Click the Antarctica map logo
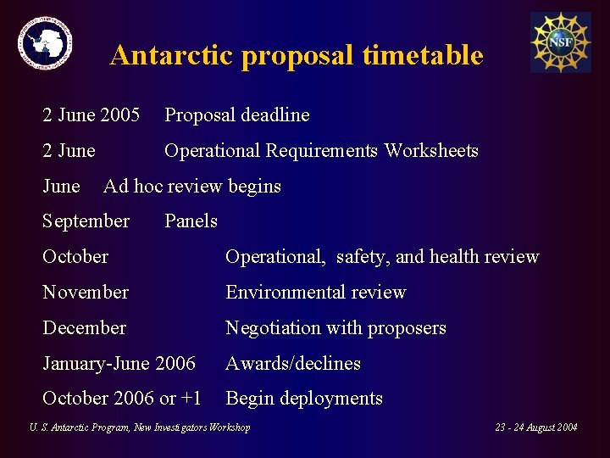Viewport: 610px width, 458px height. [x=46, y=43]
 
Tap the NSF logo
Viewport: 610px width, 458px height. [x=560, y=42]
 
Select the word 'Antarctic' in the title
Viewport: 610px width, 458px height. [x=171, y=56]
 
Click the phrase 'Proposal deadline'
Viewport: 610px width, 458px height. [x=236, y=115]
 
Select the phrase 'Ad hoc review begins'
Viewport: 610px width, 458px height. [x=191, y=187]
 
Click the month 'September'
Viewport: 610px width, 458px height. [x=86, y=221]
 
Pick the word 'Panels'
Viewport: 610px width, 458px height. [x=191, y=221]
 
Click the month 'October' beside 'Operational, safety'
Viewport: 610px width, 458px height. [x=75, y=257]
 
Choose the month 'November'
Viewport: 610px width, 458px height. [x=86, y=293]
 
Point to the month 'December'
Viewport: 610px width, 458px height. [x=84, y=328]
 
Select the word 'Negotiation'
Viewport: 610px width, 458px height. [x=273, y=328]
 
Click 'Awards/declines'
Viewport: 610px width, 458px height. [x=293, y=364]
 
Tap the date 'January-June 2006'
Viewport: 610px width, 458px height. [x=119, y=364]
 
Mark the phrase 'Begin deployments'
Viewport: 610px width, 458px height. [x=304, y=399]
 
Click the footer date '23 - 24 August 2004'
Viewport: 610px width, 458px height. [x=535, y=427]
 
